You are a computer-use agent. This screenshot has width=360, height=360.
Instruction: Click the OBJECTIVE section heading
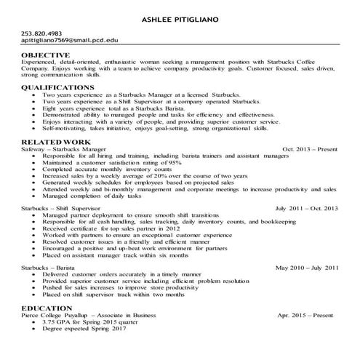coord(47,55)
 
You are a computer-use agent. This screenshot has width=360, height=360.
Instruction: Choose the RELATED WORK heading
coord(56,142)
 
